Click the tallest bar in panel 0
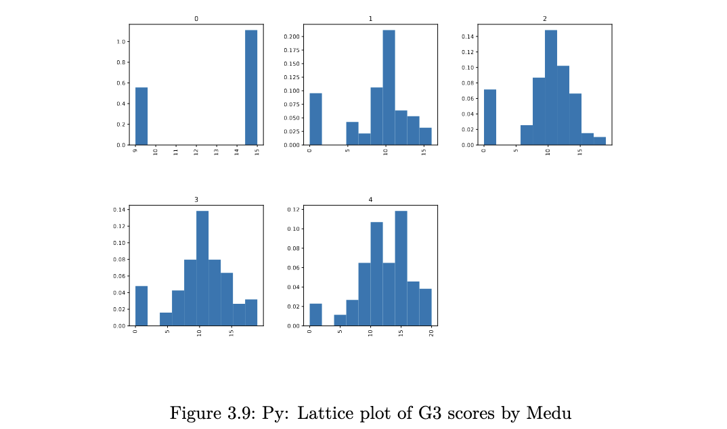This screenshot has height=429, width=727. (x=251, y=87)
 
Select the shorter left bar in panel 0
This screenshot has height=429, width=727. (x=141, y=116)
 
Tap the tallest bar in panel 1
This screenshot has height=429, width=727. (x=389, y=87)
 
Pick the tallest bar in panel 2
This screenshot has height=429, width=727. (x=551, y=87)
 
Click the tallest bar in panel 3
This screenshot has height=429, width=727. (x=202, y=268)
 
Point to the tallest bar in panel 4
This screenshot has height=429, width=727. (x=401, y=268)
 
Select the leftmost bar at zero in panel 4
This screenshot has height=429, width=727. (x=316, y=314)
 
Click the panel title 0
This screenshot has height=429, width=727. (x=196, y=18)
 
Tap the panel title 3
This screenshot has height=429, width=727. (x=196, y=200)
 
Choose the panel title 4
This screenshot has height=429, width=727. (x=370, y=200)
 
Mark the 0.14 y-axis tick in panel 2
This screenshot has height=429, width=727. (x=468, y=37)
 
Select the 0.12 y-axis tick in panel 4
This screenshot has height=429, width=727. (x=294, y=210)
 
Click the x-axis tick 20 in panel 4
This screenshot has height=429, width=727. (x=432, y=332)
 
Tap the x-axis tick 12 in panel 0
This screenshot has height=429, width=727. (x=196, y=152)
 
